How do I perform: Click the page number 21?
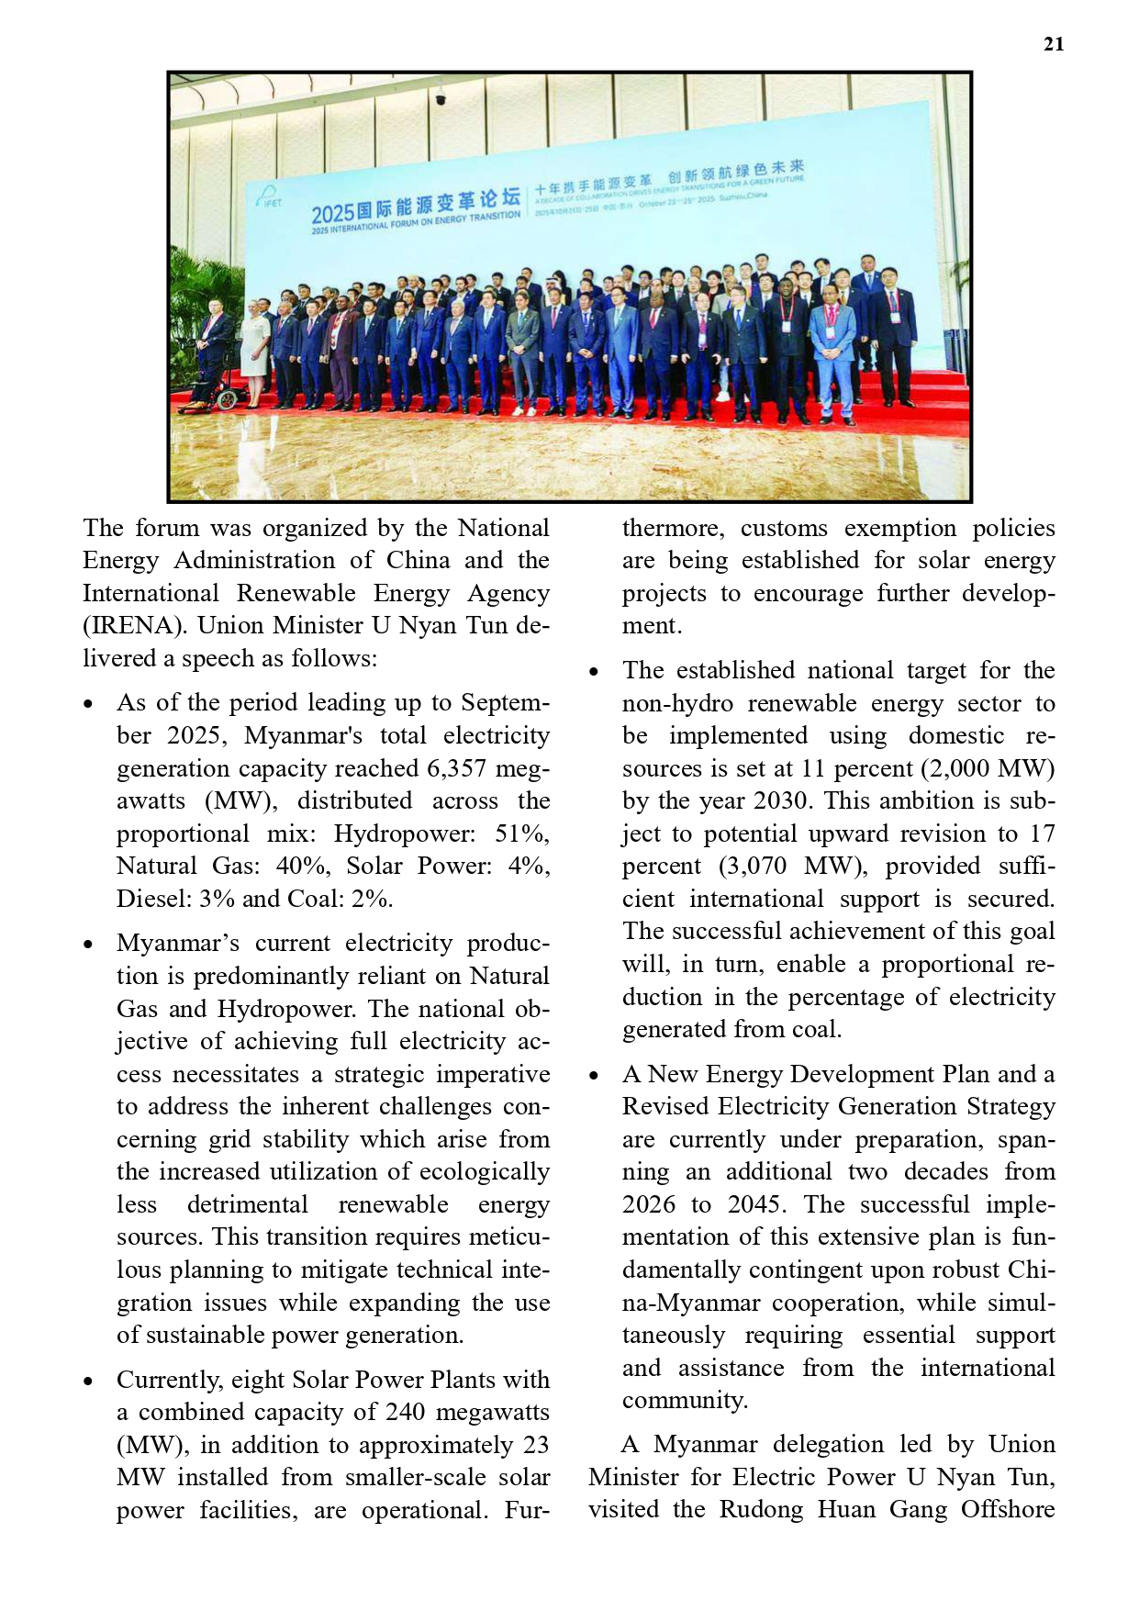tap(1054, 44)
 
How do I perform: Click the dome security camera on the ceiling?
tap(441, 98)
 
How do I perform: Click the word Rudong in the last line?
tap(757, 1510)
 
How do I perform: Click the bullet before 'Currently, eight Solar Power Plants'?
tap(88, 1382)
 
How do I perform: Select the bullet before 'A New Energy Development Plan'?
tap(594, 1076)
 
